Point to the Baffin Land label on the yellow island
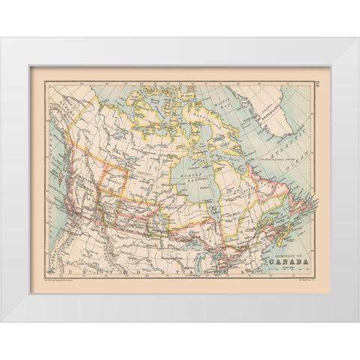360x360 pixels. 196,120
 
